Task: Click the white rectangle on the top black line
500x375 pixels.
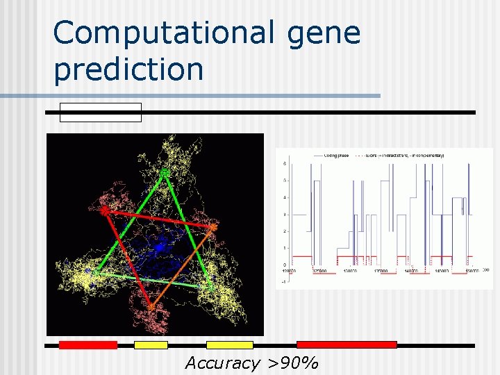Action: [101, 112]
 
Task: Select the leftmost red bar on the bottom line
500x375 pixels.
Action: [87, 344]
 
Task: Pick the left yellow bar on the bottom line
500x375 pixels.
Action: [151, 344]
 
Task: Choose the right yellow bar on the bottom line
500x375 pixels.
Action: [230, 344]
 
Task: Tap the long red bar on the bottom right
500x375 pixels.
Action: [347, 344]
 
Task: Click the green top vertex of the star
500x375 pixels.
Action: [165, 172]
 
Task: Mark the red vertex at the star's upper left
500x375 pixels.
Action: [105, 210]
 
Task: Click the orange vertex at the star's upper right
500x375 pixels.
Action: [213, 227]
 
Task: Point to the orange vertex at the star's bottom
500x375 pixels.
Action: [150, 306]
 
